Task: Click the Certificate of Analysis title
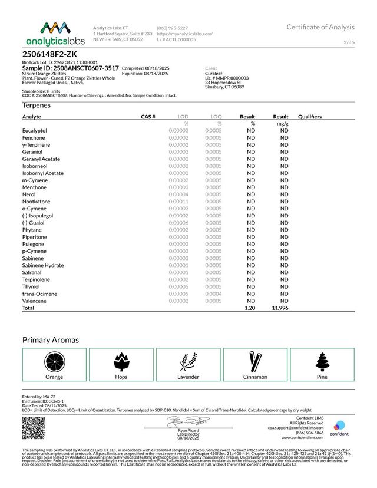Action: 320,27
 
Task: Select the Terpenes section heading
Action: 36,105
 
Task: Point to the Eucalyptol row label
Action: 35,130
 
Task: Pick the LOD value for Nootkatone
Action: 178,202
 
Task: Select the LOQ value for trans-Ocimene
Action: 213,294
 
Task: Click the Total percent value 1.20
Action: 250,308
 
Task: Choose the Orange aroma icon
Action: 54,361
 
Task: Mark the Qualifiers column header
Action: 310,117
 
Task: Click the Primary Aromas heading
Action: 51,340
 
